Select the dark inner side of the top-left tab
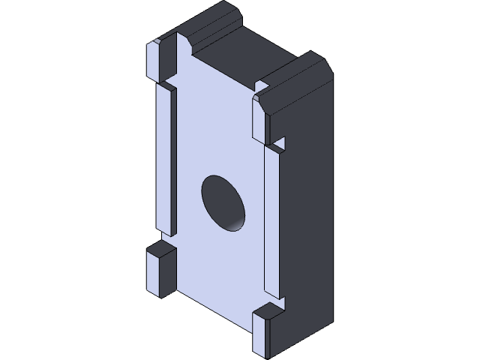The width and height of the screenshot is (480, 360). [x=181, y=56]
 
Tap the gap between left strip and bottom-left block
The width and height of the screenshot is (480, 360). [x=166, y=238]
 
